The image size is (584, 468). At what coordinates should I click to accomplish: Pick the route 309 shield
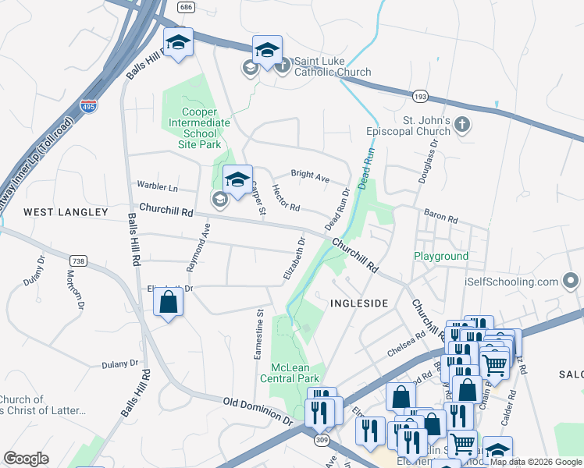(320, 441)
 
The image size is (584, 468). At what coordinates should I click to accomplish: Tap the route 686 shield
(185, 7)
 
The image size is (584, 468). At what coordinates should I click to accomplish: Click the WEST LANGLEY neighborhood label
(66, 212)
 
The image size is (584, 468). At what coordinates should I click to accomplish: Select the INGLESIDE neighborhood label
(359, 303)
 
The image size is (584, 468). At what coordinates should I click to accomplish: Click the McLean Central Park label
(295, 373)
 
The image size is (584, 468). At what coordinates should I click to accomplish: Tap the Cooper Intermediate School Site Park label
(195, 128)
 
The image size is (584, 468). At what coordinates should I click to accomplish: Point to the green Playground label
(441, 256)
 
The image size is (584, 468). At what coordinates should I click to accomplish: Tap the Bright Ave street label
(310, 175)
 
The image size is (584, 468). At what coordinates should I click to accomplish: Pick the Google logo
(26, 459)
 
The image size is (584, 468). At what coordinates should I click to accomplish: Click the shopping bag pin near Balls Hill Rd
(169, 301)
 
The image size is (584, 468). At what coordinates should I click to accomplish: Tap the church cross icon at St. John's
(462, 124)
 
